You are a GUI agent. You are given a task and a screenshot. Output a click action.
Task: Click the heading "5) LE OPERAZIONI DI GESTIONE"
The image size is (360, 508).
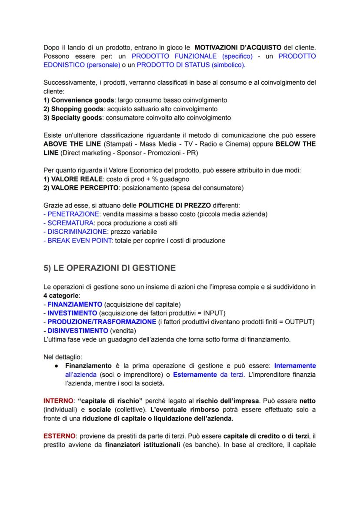coord(110,268)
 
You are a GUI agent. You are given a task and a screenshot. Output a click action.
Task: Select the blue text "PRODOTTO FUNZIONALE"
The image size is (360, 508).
coord(175,56)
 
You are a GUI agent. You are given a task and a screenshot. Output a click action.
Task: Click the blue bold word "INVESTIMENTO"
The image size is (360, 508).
coord(72,313)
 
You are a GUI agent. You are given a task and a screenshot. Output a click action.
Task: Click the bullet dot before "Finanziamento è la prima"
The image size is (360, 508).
coord(58,366)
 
